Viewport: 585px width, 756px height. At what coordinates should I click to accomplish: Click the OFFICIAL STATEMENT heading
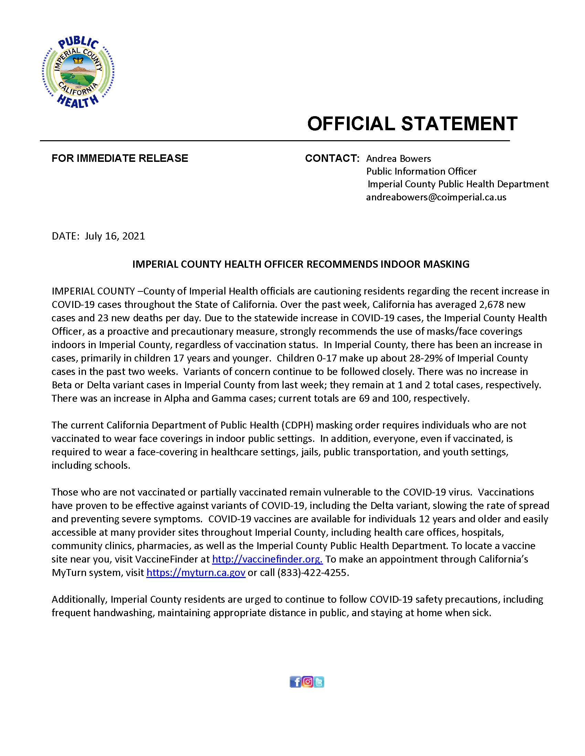tap(412, 124)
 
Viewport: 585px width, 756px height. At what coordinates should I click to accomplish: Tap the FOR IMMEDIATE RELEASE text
tap(119, 158)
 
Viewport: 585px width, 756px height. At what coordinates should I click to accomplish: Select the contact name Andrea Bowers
tap(398, 158)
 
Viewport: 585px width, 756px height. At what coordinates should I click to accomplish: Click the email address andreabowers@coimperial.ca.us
tap(436, 197)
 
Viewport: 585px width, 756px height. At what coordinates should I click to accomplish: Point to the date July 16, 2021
tap(115, 236)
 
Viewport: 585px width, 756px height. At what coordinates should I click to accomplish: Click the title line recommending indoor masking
tap(300, 264)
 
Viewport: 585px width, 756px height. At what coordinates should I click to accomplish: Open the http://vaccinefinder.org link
tap(267, 559)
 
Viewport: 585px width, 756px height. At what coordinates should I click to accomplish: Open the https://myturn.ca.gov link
tap(196, 572)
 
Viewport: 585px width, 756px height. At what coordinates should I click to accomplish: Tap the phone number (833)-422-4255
tap(312, 572)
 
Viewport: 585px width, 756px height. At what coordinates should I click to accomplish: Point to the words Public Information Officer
tap(421, 171)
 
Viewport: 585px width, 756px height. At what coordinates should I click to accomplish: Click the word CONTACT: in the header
tap(332, 158)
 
